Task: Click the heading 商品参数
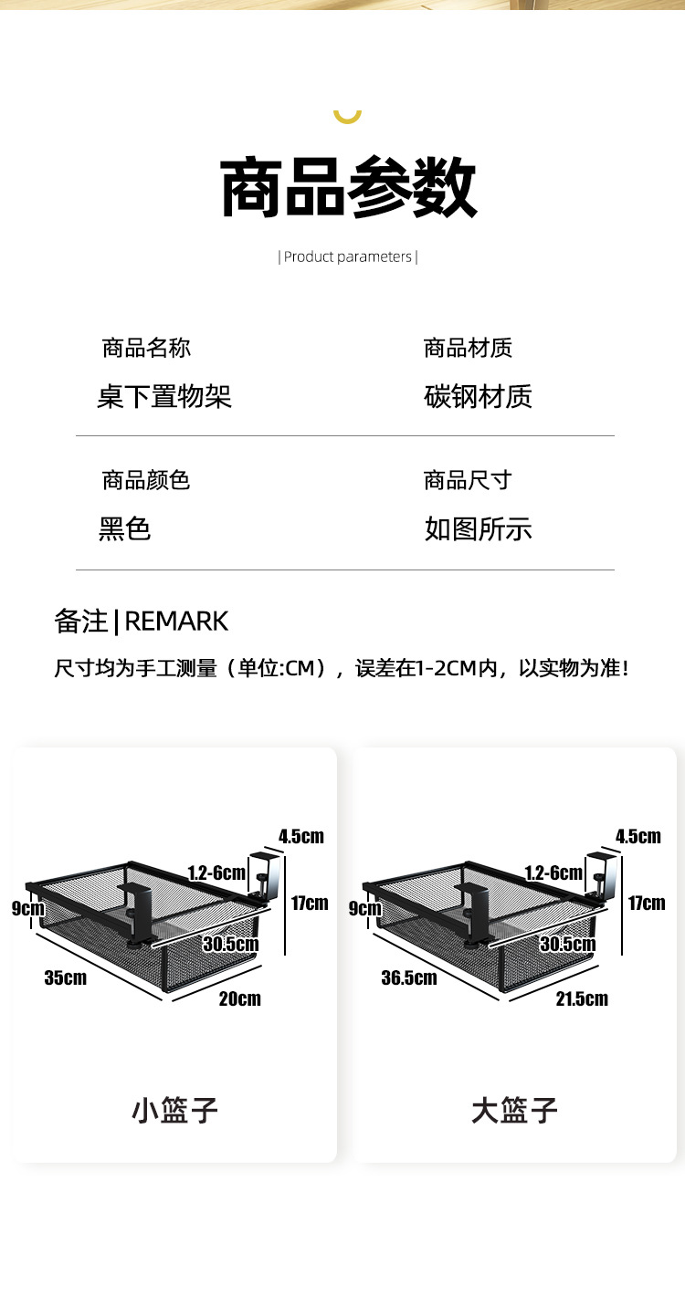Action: pyautogui.click(x=349, y=187)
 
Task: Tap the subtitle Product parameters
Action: pyautogui.click(x=348, y=256)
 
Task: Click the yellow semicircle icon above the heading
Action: pyautogui.click(x=348, y=115)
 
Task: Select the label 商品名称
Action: pyautogui.click(x=146, y=348)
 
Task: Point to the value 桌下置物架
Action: pyautogui.click(x=164, y=396)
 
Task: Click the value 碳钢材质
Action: pyautogui.click(x=478, y=396)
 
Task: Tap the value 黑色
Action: pyautogui.click(x=124, y=528)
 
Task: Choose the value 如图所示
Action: pyautogui.click(x=478, y=528)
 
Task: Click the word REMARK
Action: pyautogui.click(x=176, y=622)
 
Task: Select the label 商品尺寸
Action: pyautogui.click(x=468, y=480)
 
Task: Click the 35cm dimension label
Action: pyautogui.click(x=66, y=977)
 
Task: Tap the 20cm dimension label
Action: pyautogui.click(x=239, y=998)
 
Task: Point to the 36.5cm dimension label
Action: pyautogui.click(x=409, y=977)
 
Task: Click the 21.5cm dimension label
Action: pyautogui.click(x=582, y=998)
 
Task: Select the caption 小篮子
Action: pyautogui.click(x=175, y=1111)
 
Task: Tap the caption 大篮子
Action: pyautogui.click(x=514, y=1111)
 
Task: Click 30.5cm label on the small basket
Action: pyautogui.click(x=230, y=944)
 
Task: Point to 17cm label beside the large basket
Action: pyautogui.click(x=647, y=903)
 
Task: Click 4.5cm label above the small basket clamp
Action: pyautogui.click(x=301, y=836)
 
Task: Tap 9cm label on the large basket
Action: pyautogui.click(x=365, y=908)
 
